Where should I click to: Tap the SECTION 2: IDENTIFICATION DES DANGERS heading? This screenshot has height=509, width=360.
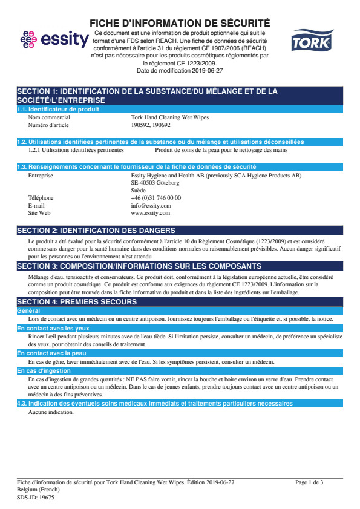96,231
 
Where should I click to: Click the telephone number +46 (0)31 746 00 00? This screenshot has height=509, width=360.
155,198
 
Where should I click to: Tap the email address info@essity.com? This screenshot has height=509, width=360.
151,205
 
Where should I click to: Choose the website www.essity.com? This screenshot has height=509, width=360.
150,213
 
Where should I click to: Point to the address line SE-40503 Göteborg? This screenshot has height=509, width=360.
155,182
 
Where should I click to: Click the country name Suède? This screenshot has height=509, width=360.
138,190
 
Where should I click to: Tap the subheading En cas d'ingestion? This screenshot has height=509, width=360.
40,370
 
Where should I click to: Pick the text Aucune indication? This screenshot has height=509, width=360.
51,412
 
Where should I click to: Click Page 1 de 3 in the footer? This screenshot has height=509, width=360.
309,482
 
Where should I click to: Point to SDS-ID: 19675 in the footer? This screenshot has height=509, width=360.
36,497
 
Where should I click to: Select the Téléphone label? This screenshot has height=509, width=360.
41,198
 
